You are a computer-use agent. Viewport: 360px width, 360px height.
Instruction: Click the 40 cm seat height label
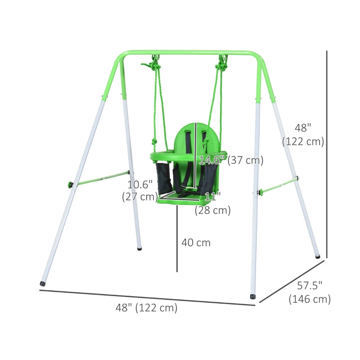coord(196,243)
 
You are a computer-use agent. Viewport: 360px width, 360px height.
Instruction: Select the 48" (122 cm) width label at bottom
coord(147,308)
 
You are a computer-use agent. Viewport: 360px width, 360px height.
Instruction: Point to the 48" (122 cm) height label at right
coord(303,135)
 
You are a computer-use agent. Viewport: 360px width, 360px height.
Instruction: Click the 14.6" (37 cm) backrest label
coord(231,160)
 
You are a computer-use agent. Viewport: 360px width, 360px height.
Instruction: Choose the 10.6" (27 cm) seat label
coord(140,190)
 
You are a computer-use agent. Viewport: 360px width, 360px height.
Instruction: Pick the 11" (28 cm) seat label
coord(212,203)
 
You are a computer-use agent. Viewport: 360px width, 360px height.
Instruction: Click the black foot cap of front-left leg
coord(43,284)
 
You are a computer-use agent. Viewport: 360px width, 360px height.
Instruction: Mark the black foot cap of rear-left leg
coord(139,247)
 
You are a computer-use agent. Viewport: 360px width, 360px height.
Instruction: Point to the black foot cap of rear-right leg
coord(318,256)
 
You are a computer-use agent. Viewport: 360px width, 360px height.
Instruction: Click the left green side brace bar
coord(100,178)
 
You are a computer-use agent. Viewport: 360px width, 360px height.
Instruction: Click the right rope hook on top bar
coord(223,59)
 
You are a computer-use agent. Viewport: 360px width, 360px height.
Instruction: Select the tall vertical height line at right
coord(327,153)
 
